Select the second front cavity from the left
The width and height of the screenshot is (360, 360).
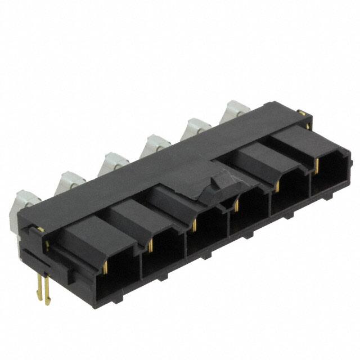pyautogui.click(x=163, y=253)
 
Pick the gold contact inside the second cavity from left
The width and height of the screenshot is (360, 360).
pyautogui.click(x=150, y=242)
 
